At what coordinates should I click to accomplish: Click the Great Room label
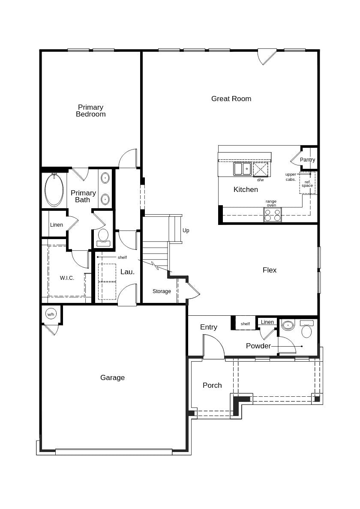(x=231, y=99)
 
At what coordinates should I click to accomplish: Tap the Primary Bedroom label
(x=90, y=111)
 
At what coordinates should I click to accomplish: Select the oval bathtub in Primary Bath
(x=54, y=190)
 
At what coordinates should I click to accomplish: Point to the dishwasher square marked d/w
(x=261, y=169)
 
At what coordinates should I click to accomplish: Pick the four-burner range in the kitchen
(x=272, y=215)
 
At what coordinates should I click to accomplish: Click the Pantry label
(x=307, y=160)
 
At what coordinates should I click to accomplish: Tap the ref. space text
(x=307, y=184)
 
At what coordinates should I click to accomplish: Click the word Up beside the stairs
(x=186, y=231)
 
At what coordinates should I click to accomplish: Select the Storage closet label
(x=162, y=291)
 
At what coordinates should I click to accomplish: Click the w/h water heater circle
(x=51, y=314)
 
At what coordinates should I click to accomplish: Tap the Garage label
(x=112, y=377)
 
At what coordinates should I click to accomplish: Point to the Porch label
(x=212, y=385)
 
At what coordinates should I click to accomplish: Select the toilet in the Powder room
(x=306, y=329)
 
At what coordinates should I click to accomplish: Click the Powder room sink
(x=288, y=325)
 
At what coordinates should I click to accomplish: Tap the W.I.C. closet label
(x=67, y=278)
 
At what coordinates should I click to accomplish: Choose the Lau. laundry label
(x=127, y=272)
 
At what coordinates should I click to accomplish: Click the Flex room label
(x=270, y=270)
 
